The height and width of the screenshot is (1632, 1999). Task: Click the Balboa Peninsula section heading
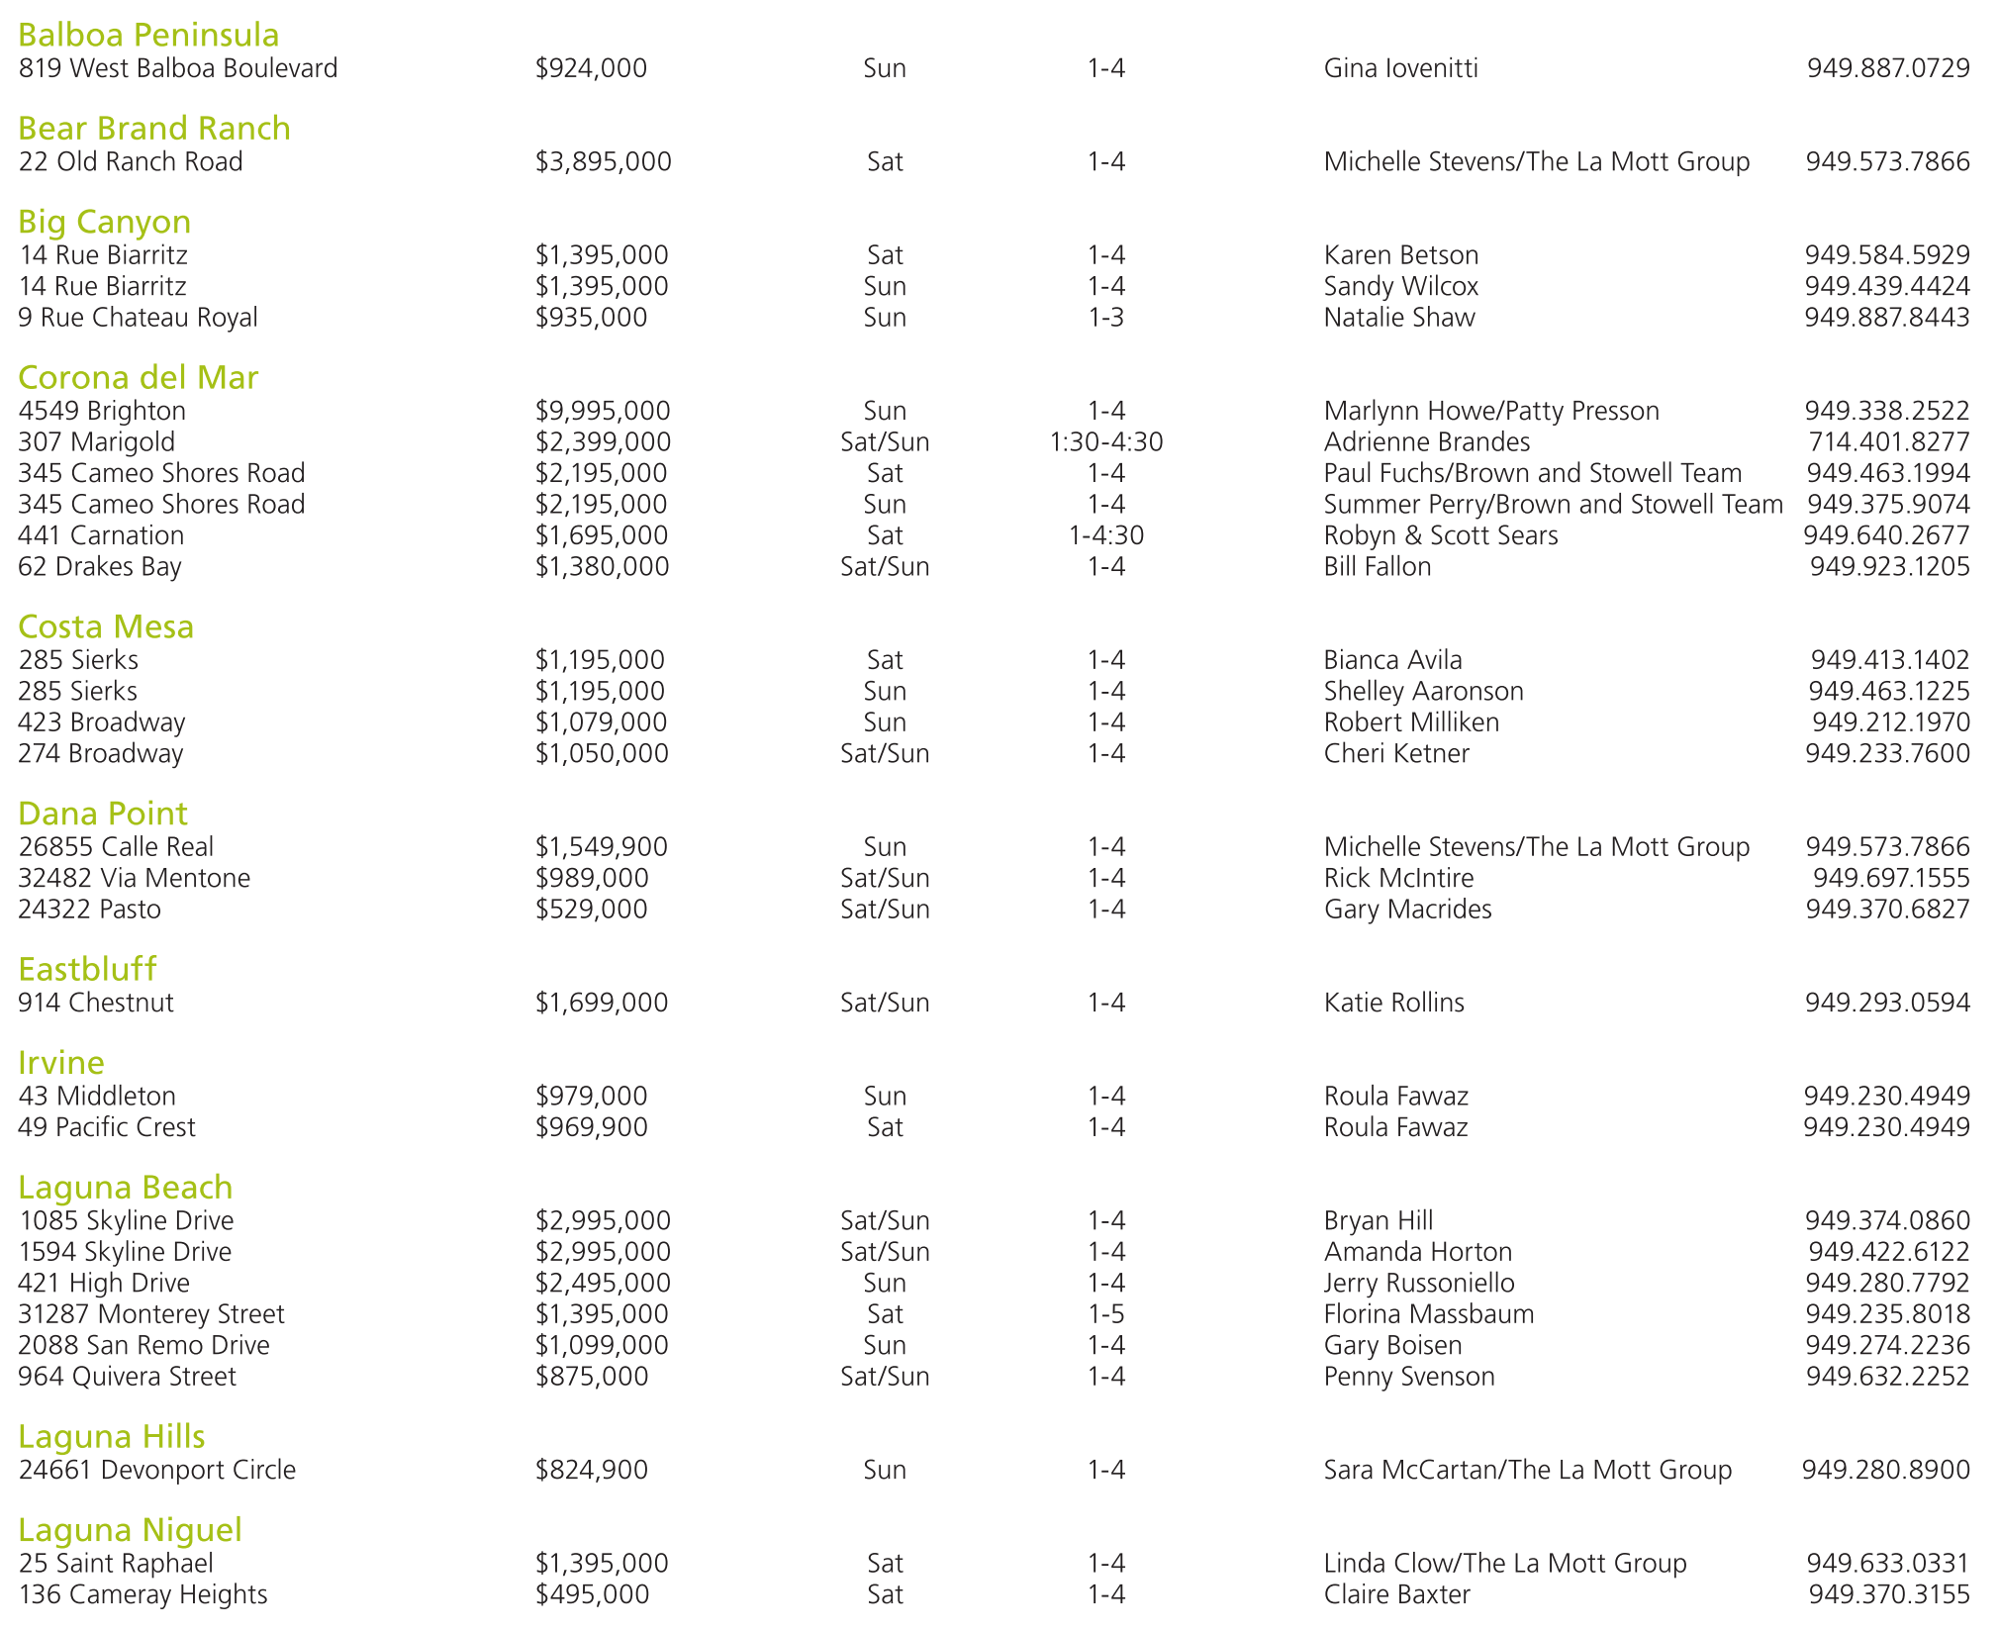[x=148, y=36]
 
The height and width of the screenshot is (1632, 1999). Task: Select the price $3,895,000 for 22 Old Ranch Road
[x=603, y=161]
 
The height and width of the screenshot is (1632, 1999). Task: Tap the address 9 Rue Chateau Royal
[x=138, y=318]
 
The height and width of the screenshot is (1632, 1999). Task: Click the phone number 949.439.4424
[x=1886, y=286]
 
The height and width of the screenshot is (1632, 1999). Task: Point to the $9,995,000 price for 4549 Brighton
[x=603, y=411]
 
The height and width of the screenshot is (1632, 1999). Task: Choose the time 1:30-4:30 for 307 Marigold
[x=1105, y=442]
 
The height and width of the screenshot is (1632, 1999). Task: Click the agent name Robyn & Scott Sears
[x=1440, y=535]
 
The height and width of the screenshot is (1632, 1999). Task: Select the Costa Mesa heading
[x=106, y=627]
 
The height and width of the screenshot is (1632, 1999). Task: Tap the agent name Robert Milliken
[x=1411, y=722]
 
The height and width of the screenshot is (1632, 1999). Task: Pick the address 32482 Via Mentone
[x=134, y=878]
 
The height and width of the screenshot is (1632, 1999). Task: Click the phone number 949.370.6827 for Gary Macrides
[x=1887, y=910]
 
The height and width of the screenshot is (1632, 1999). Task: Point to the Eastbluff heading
[x=87, y=970]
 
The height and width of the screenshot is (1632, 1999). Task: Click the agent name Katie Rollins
[x=1393, y=1003]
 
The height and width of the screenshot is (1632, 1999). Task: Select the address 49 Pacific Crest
[x=107, y=1127]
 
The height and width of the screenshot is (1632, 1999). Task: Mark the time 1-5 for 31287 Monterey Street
[x=1105, y=1314]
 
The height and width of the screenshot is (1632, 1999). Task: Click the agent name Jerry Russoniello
[x=1418, y=1284]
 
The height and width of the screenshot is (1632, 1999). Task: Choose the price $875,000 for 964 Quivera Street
[x=592, y=1377]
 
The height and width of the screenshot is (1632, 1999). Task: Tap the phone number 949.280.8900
[x=1885, y=1470]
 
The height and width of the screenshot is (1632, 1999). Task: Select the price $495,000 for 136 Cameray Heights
[x=592, y=1594]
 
